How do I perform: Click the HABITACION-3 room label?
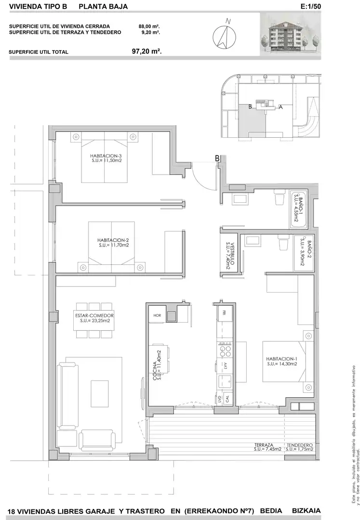coord(104,156)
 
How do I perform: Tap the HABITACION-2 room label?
coord(113,240)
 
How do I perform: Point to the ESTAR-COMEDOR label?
coord(94,316)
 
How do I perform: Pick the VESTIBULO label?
coord(233,254)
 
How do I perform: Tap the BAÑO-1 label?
coord(301,207)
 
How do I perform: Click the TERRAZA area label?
coord(264,445)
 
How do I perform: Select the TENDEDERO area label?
coord(300,445)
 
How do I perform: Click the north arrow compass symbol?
coord(225,36)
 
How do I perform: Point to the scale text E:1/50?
coord(310,6)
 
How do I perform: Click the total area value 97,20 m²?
coord(147,52)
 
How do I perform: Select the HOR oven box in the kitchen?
coord(157,315)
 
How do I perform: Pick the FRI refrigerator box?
coord(224,312)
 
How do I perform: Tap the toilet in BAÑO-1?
coord(280,198)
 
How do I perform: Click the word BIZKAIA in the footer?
coord(306,511)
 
